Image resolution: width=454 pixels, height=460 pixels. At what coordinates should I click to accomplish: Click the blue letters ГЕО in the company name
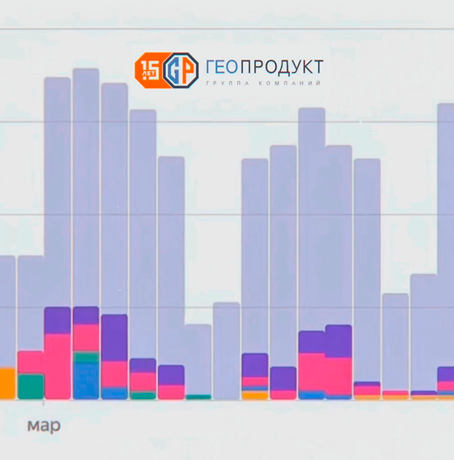coord(220,67)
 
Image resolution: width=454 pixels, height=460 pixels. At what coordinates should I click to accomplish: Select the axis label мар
coord(44,426)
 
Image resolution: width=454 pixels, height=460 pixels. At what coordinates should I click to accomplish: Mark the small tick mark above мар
coord(43,403)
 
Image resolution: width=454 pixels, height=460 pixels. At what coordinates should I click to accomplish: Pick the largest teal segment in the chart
coord(30,386)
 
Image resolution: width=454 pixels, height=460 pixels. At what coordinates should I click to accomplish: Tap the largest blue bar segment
coord(86,381)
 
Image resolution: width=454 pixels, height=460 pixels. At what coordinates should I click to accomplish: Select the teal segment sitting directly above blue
coord(86,357)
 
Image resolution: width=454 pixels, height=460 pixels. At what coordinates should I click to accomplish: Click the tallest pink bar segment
coord(57,366)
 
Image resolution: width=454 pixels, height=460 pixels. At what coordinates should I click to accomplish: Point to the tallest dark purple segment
coord(114,338)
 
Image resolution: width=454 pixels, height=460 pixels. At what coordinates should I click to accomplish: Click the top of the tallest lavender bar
coord(86,70)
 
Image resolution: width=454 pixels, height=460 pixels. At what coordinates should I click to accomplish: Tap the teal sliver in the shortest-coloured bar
coord(198,397)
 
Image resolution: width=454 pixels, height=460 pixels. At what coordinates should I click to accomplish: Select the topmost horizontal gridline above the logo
coord(226,28)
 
